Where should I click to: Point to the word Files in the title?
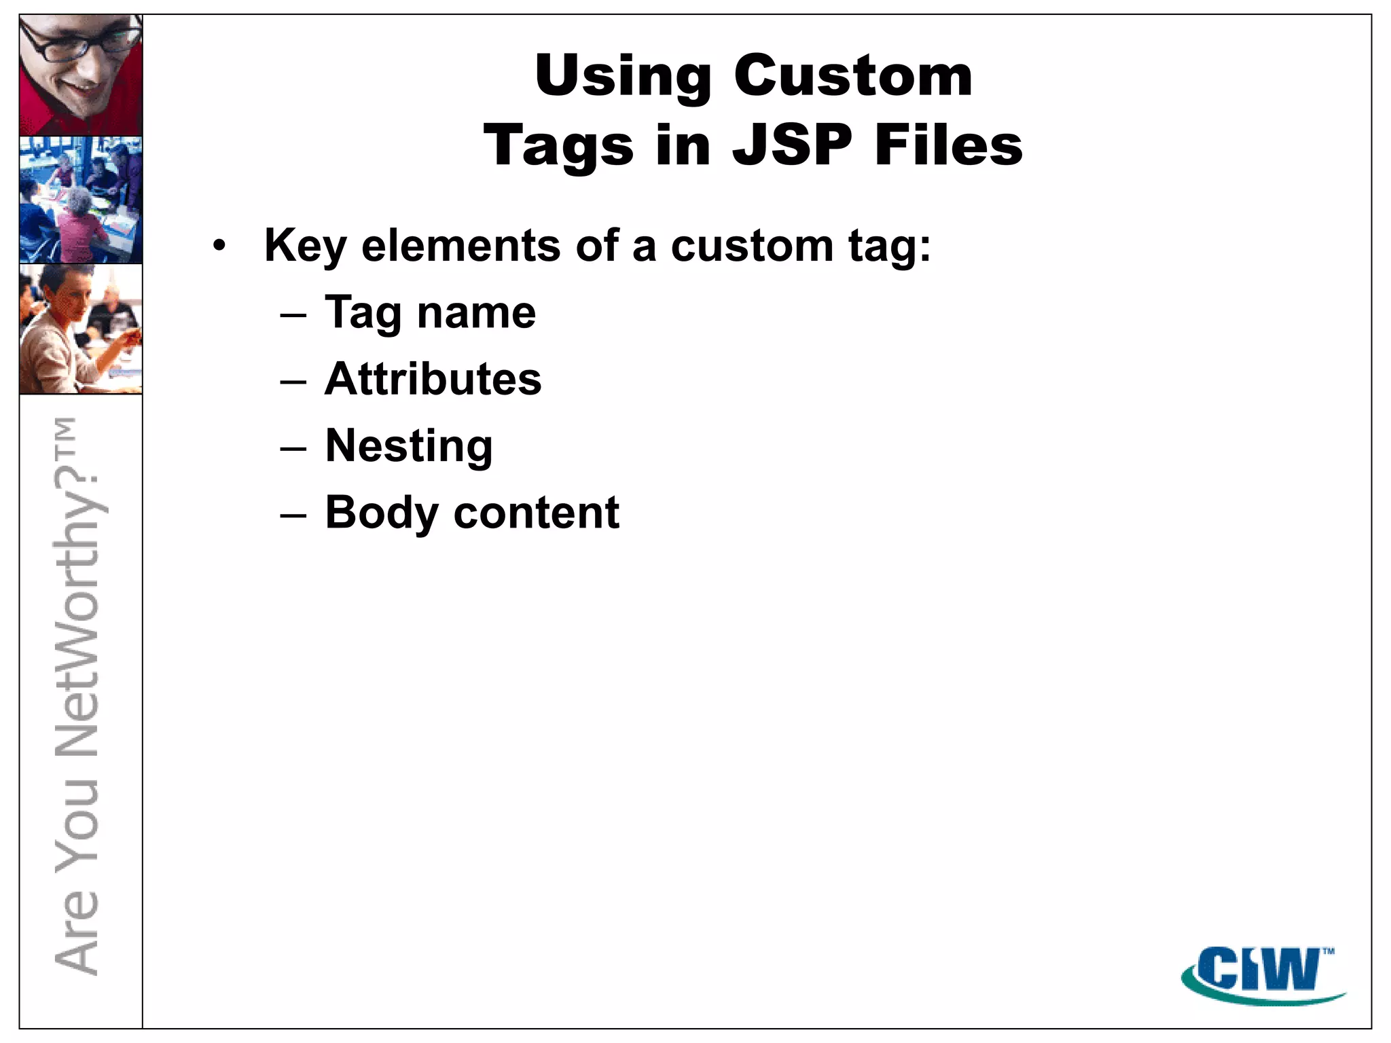[x=948, y=145]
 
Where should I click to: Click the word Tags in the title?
[x=558, y=147]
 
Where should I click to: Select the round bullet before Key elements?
[x=218, y=246]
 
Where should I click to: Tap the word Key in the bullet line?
[x=305, y=246]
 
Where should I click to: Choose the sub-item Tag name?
[x=430, y=313]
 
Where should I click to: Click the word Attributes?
[x=433, y=379]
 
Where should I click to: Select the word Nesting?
[x=408, y=446]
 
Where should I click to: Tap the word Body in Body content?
[x=381, y=513]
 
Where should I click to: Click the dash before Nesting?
[x=293, y=448]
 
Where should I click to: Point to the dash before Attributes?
[x=293, y=382]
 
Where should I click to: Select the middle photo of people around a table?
[x=81, y=200]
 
